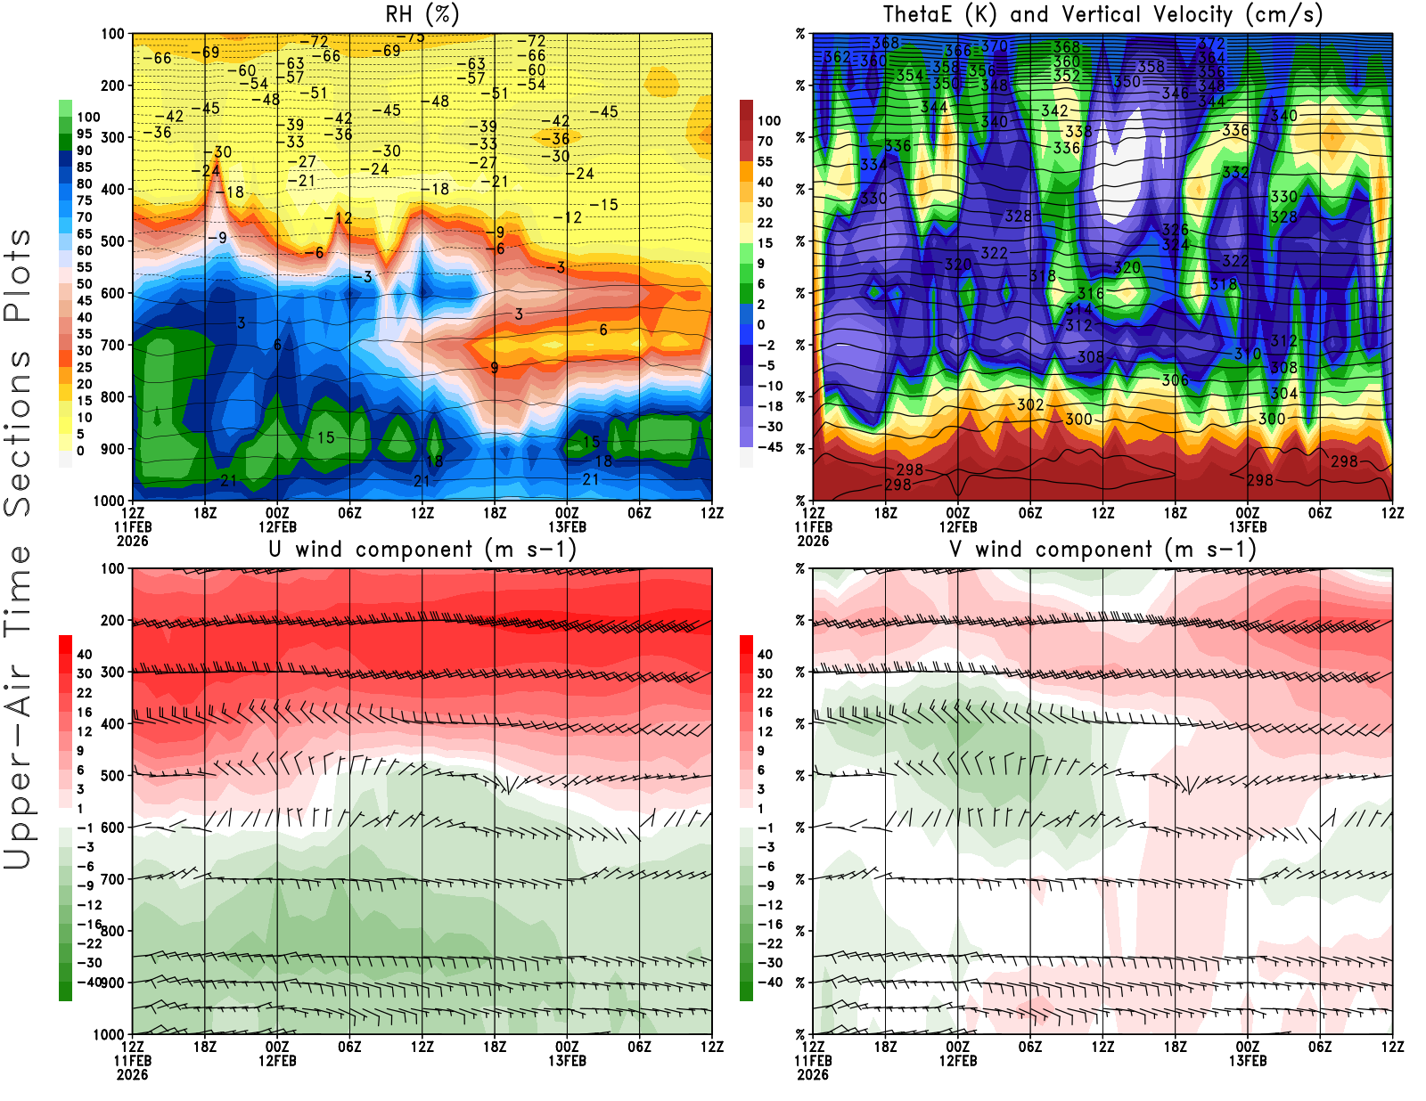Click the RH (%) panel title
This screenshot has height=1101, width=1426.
pyautogui.click(x=422, y=14)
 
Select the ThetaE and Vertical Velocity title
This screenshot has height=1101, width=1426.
pyautogui.click(x=1102, y=14)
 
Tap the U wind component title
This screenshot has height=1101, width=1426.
pyautogui.click(x=422, y=549)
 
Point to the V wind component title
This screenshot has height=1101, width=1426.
pyautogui.click(x=1102, y=549)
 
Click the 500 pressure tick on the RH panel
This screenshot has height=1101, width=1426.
pyautogui.click(x=112, y=241)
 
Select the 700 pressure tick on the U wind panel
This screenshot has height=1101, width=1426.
pyautogui.click(x=112, y=879)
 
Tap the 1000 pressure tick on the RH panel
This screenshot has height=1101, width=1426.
pyautogui.click(x=109, y=501)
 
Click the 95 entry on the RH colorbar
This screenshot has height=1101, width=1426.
pyautogui.click(x=85, y=134)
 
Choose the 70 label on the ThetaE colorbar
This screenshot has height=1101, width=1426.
pyautogui.click(x=765, y=141)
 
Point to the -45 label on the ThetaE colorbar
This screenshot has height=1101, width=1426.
pyautogui.click(x=768, y=447)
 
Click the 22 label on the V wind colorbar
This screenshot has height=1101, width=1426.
pyautogui.click(x=765, y=693)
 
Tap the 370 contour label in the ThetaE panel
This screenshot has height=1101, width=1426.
pyautogui.click(x=994, y=46)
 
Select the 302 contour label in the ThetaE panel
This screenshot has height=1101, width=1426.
pyautogui.click(x=1030, y=404)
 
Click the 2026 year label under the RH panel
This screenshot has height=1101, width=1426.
pyautogui.click(x=132, y=541)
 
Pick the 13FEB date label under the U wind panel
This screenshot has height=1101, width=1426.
pyautogui.click(x=567, y=1061)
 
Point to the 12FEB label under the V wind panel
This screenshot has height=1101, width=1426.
pyautogui.click(x=958, y=1061)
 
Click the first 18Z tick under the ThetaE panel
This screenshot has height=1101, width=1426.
pyautogui.click(x=885, y=513)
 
